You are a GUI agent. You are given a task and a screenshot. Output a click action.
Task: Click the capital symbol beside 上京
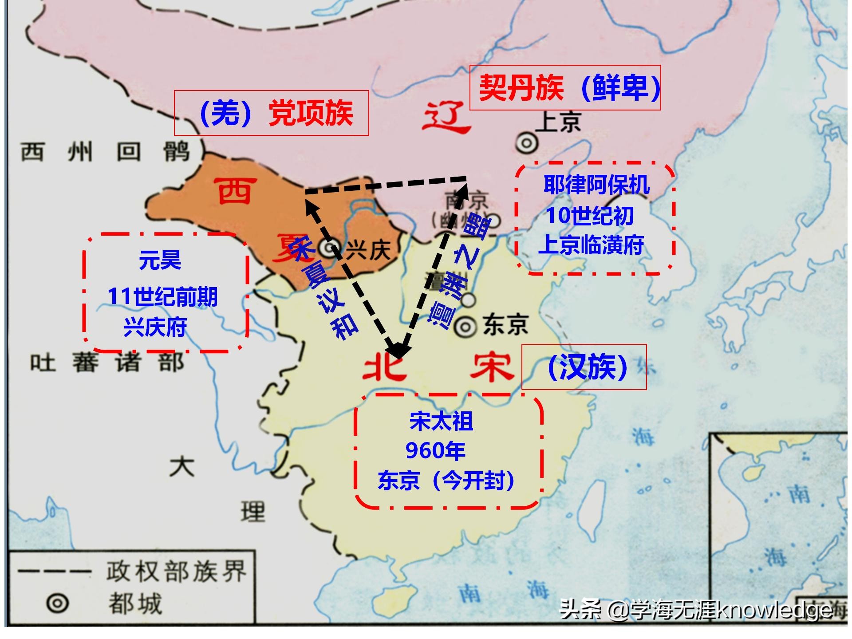[527, 143]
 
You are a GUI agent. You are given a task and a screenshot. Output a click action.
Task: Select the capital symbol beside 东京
[465, 327]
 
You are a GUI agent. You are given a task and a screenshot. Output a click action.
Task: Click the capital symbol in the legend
[58, 603]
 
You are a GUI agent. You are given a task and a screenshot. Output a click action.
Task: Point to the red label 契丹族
[521, 88]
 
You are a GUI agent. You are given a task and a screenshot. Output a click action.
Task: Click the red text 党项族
[311, 113]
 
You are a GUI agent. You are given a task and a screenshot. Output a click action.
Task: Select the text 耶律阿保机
[596, 185]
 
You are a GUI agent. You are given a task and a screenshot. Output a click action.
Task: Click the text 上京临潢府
[591, 245]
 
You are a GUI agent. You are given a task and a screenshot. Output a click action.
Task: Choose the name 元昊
[160, 260]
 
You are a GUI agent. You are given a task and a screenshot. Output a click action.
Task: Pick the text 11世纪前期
[162, 296]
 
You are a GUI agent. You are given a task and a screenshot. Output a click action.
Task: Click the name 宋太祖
[442, 421]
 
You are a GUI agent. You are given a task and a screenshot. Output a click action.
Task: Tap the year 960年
[435, 451]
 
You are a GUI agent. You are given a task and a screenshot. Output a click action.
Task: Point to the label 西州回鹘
[106, 152]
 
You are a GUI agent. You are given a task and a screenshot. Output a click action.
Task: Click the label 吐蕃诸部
[107, 363]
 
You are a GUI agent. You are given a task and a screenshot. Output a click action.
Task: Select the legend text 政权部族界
[176, 572]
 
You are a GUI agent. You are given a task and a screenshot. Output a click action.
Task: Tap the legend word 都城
[135, 603]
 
